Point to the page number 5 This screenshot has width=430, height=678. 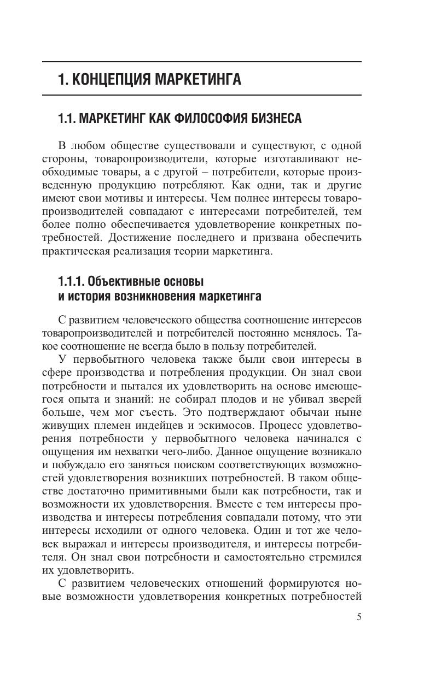click(x=359, y=617)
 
